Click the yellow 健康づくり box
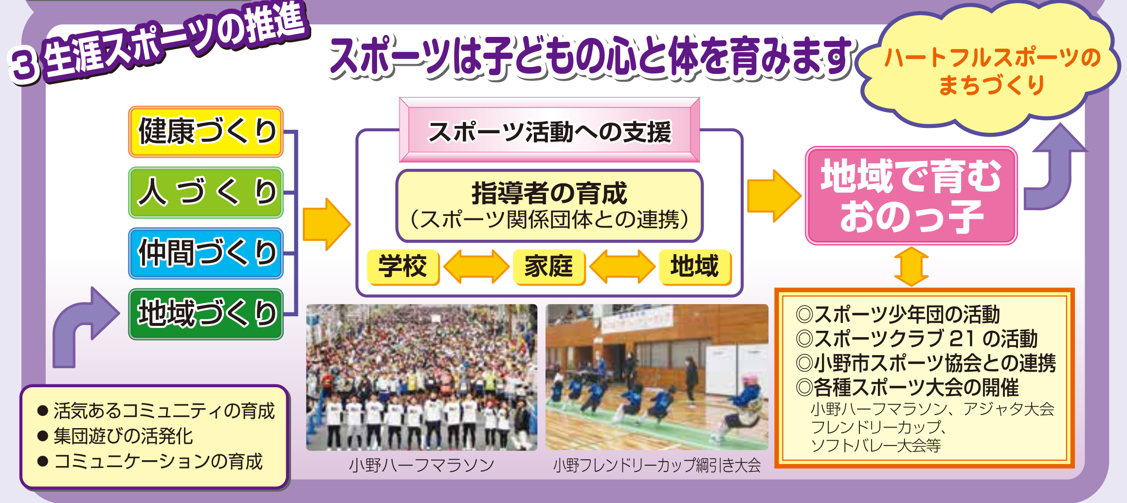(206, 132)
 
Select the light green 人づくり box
(206, 193)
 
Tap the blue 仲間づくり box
(206, 253)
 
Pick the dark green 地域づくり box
(206, 314)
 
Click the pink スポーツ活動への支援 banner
(549, 130)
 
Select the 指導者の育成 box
(549, 206)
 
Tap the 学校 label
(403, 267)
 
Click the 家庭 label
(549, 267)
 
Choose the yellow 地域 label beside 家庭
(695, 267)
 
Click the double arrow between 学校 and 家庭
(476, 267)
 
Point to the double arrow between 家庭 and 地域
(622, 267)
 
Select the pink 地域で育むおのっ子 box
(911, 196)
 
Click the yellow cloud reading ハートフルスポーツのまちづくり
(990, 68)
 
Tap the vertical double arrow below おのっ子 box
(911, 267)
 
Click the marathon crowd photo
(422, 377)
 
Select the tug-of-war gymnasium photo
(657, 377)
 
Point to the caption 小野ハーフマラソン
(422, 466)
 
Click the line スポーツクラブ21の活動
(917, 339)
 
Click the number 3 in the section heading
(24, 65)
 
